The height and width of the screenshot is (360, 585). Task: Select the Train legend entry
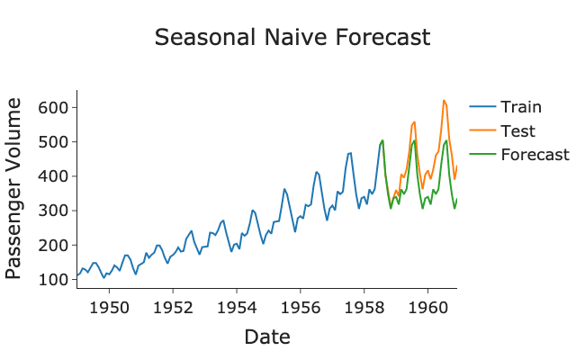[x=521, y=108]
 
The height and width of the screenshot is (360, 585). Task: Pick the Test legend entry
[x=517, y=131]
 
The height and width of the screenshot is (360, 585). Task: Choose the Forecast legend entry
[x=535, y=155]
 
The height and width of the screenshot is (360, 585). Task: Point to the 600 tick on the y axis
[x=56, y=108]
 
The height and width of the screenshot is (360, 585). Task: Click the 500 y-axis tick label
[x=56, y=142]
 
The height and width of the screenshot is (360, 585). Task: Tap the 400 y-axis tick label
[x=56, y=176]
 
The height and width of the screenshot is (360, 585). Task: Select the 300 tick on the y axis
[x=56, y=211]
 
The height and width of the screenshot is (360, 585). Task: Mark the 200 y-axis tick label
[x=56, y=245]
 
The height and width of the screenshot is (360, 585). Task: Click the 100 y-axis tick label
[x=56, y=279]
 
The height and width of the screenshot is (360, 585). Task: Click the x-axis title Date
[x=267, y=337]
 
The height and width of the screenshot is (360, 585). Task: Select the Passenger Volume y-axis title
[x=15, y=189]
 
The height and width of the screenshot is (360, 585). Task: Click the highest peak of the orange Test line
[x=444, y=101]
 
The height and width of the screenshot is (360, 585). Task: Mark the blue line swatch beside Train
[x=481, y=108]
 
